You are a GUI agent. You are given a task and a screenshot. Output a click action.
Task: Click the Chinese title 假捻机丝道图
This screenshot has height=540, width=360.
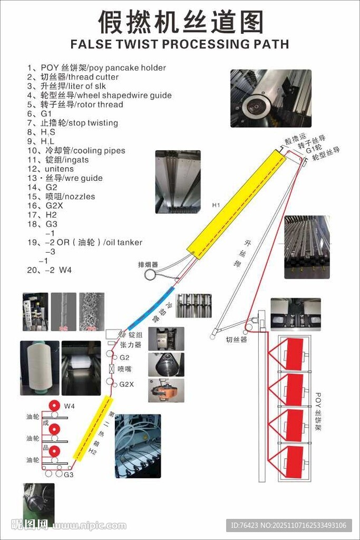(x=180, y=23)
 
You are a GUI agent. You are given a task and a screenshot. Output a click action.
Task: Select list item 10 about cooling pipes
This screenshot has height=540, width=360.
(x=76, y=150)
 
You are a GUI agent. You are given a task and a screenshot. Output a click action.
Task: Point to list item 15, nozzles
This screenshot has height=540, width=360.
(x=61, y=196)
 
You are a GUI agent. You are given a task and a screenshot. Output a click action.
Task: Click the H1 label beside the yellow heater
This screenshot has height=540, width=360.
(x=216, y=205)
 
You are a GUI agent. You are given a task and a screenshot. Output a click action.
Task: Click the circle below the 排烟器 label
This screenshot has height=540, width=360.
(x=150, y=274)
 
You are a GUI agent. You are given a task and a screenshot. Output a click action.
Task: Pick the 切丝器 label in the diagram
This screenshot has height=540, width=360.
(x=236, y=340)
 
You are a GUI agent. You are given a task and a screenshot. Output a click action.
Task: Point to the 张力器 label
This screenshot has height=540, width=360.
(x=131, y=345)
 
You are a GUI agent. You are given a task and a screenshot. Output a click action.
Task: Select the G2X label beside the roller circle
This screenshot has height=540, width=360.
(x=127, y=384)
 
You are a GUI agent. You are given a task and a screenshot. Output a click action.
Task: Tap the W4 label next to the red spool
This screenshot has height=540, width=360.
(x=70, y=406)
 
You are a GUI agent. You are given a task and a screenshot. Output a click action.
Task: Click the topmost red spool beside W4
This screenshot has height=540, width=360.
(x=53, y=406)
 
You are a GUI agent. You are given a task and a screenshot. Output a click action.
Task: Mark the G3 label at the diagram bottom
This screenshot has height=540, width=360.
(x=69, y=475)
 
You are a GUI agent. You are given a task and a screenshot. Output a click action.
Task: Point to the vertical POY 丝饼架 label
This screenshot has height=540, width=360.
(x=318, y=411)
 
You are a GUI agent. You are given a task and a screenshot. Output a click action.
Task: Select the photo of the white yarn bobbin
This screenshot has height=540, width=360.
(x=40, y=368)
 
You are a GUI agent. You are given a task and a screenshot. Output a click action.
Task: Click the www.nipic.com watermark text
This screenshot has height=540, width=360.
(x=90, y=526)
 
